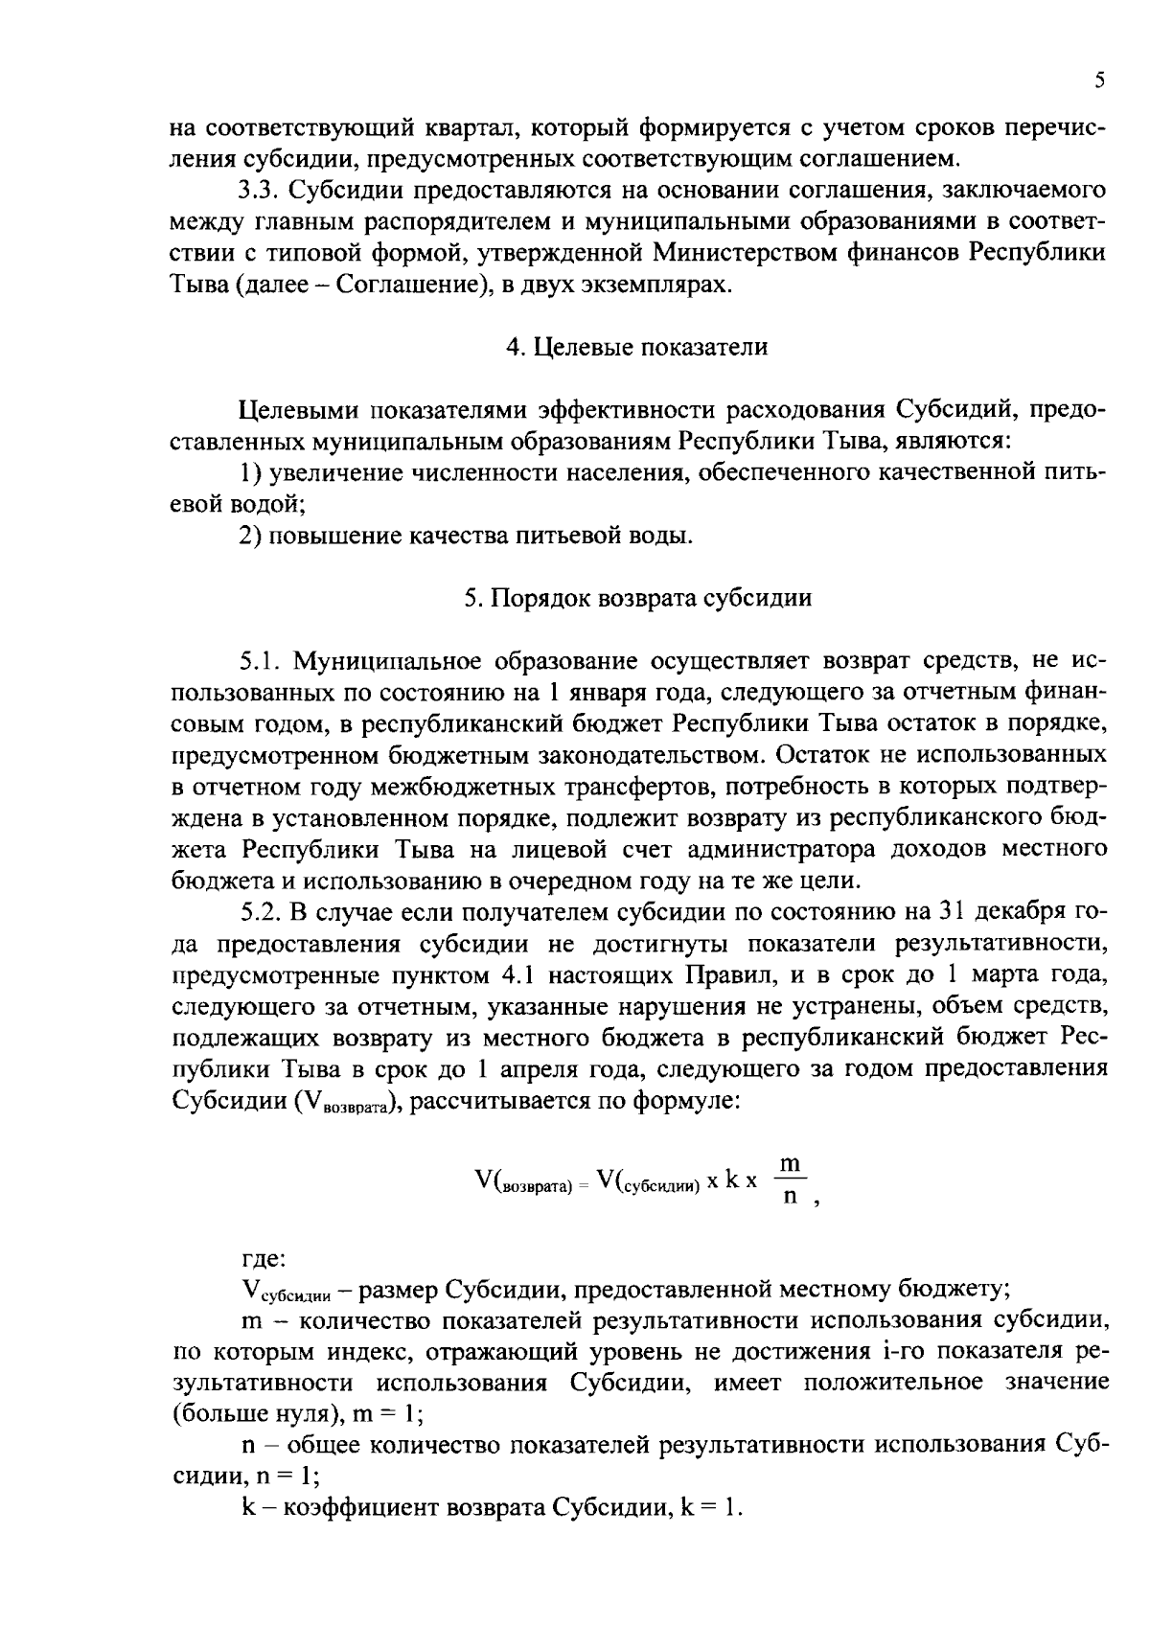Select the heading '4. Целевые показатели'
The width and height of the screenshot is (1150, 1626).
click(637, 348)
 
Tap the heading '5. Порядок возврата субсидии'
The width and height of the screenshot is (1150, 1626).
click(637, 599)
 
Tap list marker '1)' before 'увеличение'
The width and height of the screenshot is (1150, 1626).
click(251, 473)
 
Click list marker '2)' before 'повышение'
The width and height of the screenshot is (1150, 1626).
click(251, 536)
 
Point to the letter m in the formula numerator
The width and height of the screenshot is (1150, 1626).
click(790, 1163)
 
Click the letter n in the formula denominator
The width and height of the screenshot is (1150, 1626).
click(790, 1198)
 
